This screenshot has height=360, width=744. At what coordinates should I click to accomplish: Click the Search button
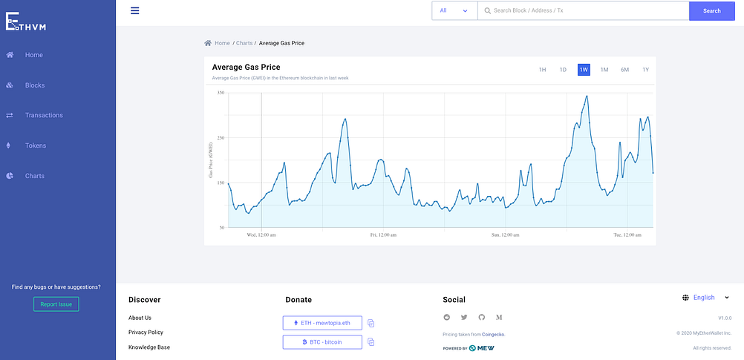coord(711,11)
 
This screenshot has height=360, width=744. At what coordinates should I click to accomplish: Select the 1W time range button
coord(584,70)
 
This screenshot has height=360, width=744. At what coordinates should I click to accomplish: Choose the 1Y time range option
coord(645,70)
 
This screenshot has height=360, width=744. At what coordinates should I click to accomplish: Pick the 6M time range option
coord(624,70)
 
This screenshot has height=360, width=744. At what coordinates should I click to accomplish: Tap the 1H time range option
coord(542,70)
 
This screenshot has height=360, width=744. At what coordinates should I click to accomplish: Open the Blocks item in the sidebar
coord(34,85)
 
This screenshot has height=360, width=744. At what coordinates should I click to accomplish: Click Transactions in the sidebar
coord(44,116)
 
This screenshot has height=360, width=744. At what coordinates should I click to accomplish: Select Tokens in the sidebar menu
coord(36,145)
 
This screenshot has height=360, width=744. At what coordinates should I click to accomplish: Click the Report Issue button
coord(56,304)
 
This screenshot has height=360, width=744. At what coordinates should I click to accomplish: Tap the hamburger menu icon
coord(134,10)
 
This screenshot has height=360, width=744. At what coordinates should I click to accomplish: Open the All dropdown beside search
coord(454,11)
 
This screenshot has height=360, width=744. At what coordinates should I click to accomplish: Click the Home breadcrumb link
coord(222,43)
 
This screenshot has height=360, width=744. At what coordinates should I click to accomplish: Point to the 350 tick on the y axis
coord(221,93)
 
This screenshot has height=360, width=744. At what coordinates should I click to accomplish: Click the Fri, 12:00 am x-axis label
coord(383,235)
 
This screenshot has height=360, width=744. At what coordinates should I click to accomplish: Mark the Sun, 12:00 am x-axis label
coord(505,235)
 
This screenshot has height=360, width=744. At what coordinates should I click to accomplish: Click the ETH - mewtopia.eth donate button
coord(322,323)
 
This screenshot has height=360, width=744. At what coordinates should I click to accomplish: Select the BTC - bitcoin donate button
coord(322,342)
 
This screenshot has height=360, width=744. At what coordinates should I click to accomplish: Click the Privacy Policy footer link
coord(146,333)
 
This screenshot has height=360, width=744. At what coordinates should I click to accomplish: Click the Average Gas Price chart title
coord(246,68)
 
